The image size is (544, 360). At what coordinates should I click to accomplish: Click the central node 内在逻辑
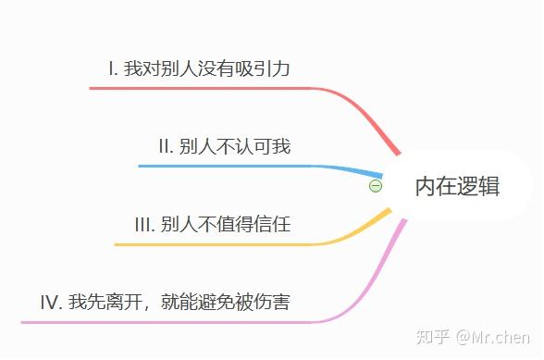pos(458,186)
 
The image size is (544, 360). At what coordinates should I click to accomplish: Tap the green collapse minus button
pos(376,186)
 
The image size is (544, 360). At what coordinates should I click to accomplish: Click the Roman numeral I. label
pos(113,68)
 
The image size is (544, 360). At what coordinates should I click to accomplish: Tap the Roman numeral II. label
pos(166,146)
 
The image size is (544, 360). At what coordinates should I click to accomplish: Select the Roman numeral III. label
pos(144,224)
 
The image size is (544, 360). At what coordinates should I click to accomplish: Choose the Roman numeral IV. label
pos(52,302)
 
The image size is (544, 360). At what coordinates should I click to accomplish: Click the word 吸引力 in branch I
pos(263,68)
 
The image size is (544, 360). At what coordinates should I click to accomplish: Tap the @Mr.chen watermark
pos(493,337)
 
